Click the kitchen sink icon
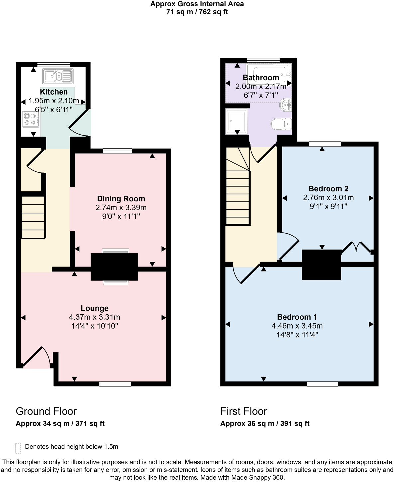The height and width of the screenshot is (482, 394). (x=58, y=76)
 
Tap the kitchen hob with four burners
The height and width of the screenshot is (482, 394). (x=30, y=119)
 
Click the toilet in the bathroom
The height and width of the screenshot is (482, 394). (x=281, y=125)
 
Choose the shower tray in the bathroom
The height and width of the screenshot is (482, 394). (x=236, y=122)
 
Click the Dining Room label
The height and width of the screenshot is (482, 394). (x=121, y=199)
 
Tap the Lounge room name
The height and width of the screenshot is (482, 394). (x=95, y=308)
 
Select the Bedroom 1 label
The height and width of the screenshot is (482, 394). (x=297, y=317)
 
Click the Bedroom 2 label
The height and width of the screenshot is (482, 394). (x=328, y=189)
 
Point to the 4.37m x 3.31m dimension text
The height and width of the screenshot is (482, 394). (x=95, y=317)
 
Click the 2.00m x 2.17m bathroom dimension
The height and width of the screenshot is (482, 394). (x=261, y=87)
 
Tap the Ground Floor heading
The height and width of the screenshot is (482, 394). (x=46, y=411)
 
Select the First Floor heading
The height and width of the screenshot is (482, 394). (x=244, y=411)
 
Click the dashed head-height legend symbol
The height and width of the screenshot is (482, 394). (x=18, y=448)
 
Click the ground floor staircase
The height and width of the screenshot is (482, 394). (x=33, y=217)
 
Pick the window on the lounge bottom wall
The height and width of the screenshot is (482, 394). (x=115, y=384)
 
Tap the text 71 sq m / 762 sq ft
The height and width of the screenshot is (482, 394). (x=197, y=12)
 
